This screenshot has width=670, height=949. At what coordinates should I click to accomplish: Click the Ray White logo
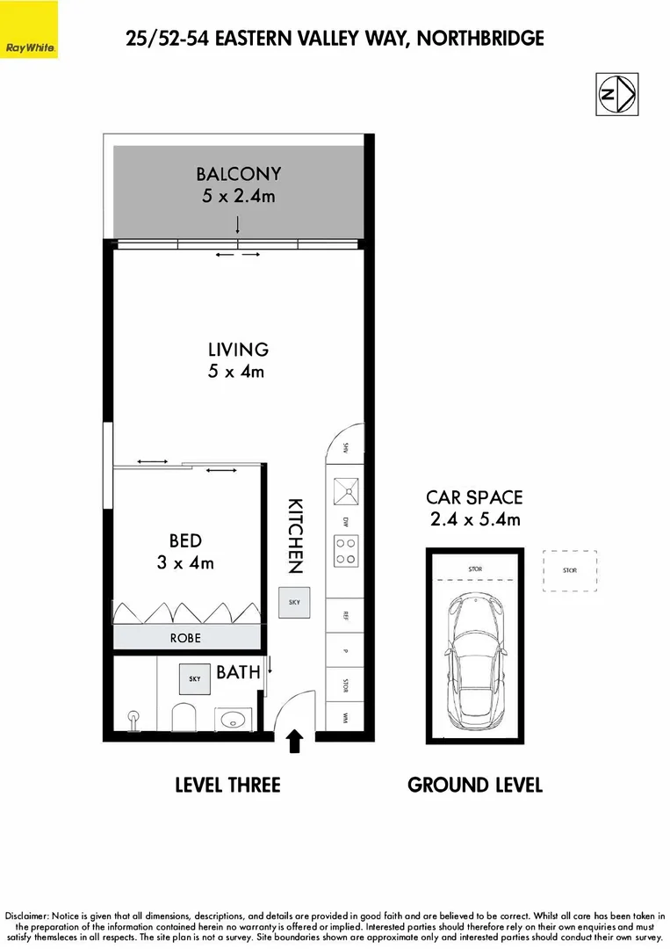point(30,30)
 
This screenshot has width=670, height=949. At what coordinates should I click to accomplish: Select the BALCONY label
point(238,174)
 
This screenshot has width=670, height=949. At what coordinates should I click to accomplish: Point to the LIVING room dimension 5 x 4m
point(236,371)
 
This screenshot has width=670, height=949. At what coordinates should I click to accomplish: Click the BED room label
point(185,540)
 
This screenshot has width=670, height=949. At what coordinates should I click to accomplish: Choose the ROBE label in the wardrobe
point(185,638)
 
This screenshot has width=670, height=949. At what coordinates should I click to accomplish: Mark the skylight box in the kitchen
point(292,603)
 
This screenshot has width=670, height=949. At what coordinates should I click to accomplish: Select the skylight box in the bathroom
point(193,677)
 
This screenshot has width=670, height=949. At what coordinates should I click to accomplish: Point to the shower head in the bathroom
point(134,719)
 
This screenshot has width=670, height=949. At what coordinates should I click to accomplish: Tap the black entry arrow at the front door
point(295,743)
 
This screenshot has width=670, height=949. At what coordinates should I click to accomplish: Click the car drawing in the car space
point(474,660)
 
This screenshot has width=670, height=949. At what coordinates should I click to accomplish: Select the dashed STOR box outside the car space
point(570,570)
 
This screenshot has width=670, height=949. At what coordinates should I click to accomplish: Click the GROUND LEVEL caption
point(474,785)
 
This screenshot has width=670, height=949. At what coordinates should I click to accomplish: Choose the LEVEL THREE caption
point(227,785)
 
